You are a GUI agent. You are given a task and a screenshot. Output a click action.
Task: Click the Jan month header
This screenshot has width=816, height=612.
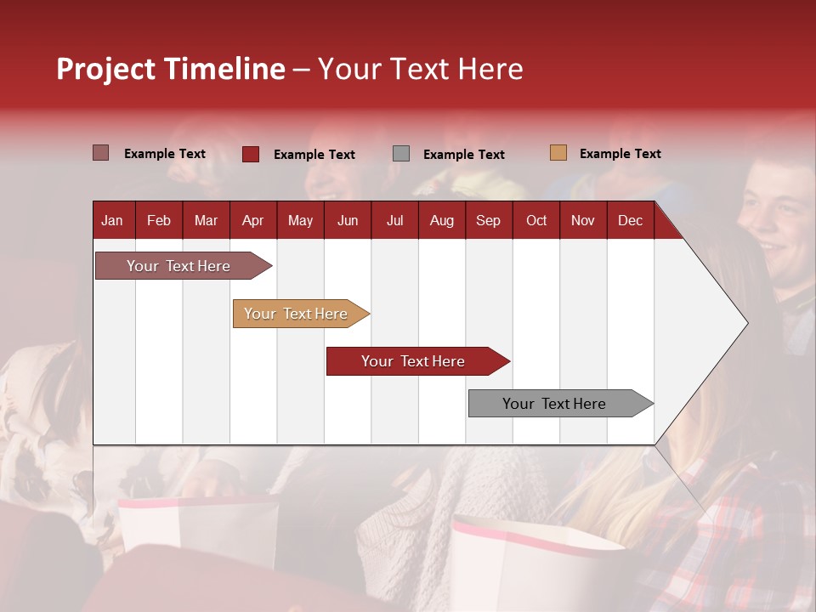(x=112, y=221)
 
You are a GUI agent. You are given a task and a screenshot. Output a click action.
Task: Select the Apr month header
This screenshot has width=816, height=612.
(x=252, y=221)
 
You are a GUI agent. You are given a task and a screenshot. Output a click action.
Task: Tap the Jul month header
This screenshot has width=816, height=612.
(x=394, y=221)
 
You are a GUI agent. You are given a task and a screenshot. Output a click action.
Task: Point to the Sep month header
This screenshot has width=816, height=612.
(x=488, y=221)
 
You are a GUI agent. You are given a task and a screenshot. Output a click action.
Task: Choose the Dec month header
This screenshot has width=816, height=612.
(x=630, y=221)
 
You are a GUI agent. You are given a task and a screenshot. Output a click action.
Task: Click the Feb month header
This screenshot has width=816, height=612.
(x=159, y=221)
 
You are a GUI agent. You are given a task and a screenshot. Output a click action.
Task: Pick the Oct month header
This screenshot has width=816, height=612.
(x=535, y=221)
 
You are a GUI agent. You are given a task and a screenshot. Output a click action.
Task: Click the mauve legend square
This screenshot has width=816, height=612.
(x=100, y=153)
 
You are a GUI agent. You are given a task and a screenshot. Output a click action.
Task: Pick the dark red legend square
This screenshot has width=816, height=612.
(x=250, y=154)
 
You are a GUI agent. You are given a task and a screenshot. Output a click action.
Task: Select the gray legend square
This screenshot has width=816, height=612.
(x=401, y=154)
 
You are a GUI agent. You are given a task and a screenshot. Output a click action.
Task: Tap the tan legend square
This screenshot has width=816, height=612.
(x=558, y=153)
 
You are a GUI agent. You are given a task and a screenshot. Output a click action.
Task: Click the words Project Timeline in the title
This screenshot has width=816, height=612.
(x=170, y=69)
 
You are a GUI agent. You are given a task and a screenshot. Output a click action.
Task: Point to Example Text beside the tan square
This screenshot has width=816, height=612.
(x=620, y=154)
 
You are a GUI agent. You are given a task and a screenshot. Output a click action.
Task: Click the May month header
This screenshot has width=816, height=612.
(x=300, y=221)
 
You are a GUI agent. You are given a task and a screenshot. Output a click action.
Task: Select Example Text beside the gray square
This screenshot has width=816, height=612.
(x=463, y=155)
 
